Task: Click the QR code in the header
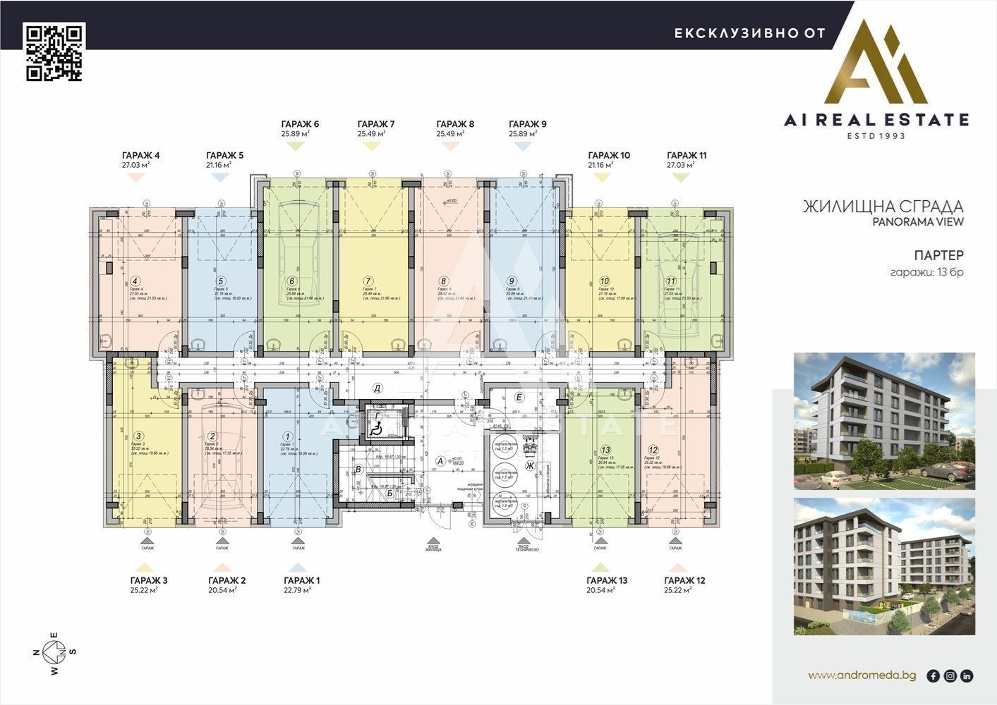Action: pos(55,53)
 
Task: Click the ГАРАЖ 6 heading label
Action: pos(300,124)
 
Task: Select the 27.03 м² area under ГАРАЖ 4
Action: pos(135,165)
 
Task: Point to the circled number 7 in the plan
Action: pos(368,281)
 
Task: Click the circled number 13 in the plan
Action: pos(605,450)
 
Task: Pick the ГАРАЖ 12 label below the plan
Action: pos(684,581)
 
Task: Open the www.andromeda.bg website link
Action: pos(862,675)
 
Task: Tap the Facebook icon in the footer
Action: pos(933,676)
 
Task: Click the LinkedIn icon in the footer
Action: pos(967,676)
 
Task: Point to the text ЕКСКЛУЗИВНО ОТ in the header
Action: pos(749,33)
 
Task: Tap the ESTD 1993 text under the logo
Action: pos(876,135)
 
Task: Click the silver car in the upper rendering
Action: pos(939,472)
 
